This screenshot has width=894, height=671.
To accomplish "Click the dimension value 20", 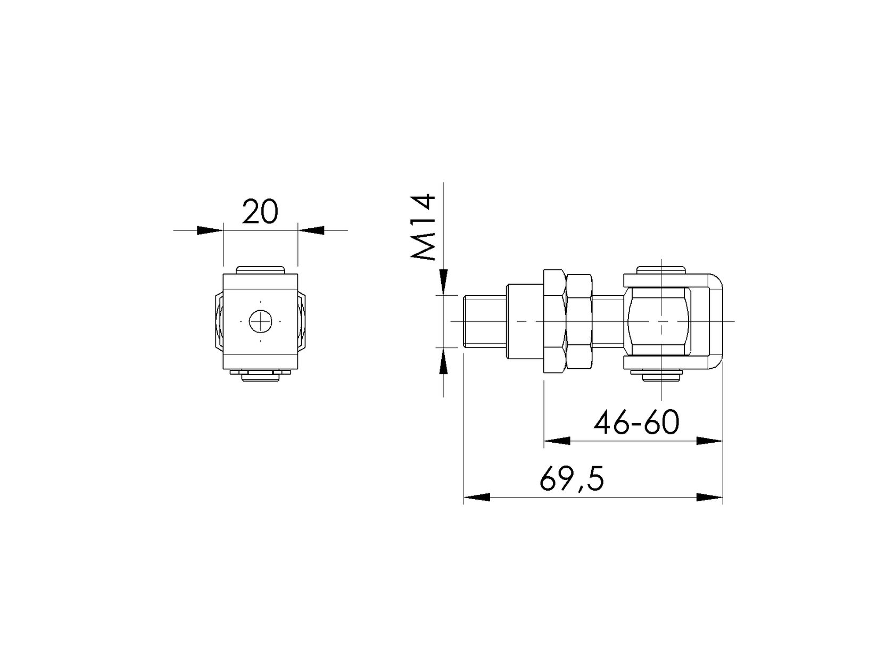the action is pos(260,211).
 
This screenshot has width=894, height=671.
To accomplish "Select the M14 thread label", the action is pos(423,227).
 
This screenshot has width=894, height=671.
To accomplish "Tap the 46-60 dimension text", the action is pos(636,422).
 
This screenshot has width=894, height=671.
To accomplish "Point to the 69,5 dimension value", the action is pos(572,479).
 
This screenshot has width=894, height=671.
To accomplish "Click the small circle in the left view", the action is pos(260,321).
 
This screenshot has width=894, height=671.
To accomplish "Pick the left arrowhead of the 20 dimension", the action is pos(210,230).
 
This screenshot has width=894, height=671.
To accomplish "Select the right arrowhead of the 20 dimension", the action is pos(311,230).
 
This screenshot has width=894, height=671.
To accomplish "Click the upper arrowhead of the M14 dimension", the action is pos(443,281).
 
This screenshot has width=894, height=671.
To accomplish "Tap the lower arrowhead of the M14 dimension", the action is pos(443,361).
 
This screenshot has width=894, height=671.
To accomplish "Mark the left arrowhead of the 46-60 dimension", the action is pos(557,441).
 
